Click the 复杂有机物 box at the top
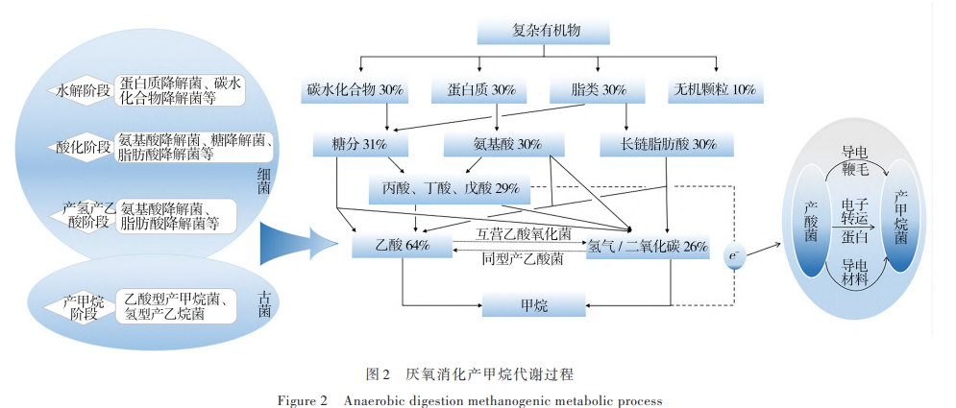click(545, 30)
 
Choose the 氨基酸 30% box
click(493, 145)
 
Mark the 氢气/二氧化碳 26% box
click(648, 247)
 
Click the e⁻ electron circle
click(735, 256)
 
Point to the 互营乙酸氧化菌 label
click(524, 232)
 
